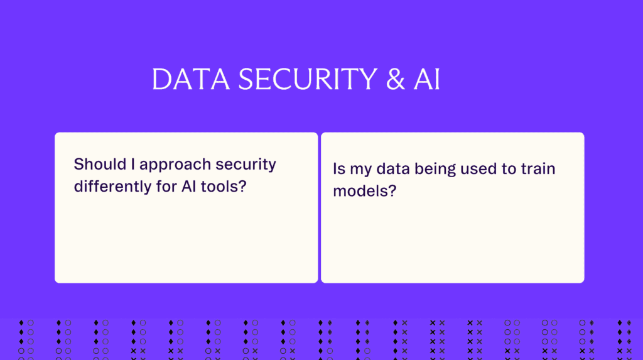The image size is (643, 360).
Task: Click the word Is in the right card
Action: click(x=339, y=169)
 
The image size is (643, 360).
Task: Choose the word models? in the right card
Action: click(x=364, y=191)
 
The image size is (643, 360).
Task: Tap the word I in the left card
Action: click(x=133, y=165)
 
